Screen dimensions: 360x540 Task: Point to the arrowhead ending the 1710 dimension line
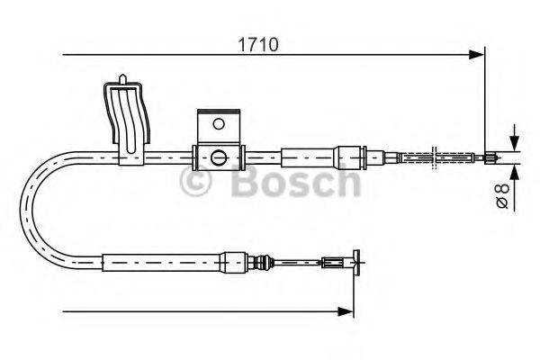479,56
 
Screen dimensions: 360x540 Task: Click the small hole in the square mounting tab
216,123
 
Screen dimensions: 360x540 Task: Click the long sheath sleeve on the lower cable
162,264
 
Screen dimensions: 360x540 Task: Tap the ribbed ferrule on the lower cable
262,264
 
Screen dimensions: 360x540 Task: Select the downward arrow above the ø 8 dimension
513,142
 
